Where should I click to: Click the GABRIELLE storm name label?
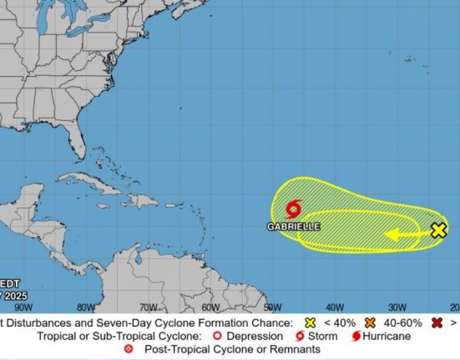tap(294, 226)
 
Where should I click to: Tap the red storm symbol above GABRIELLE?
tap(294, 210)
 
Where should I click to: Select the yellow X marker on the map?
tap(438, 231)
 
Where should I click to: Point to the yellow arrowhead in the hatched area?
tap(391, 235)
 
